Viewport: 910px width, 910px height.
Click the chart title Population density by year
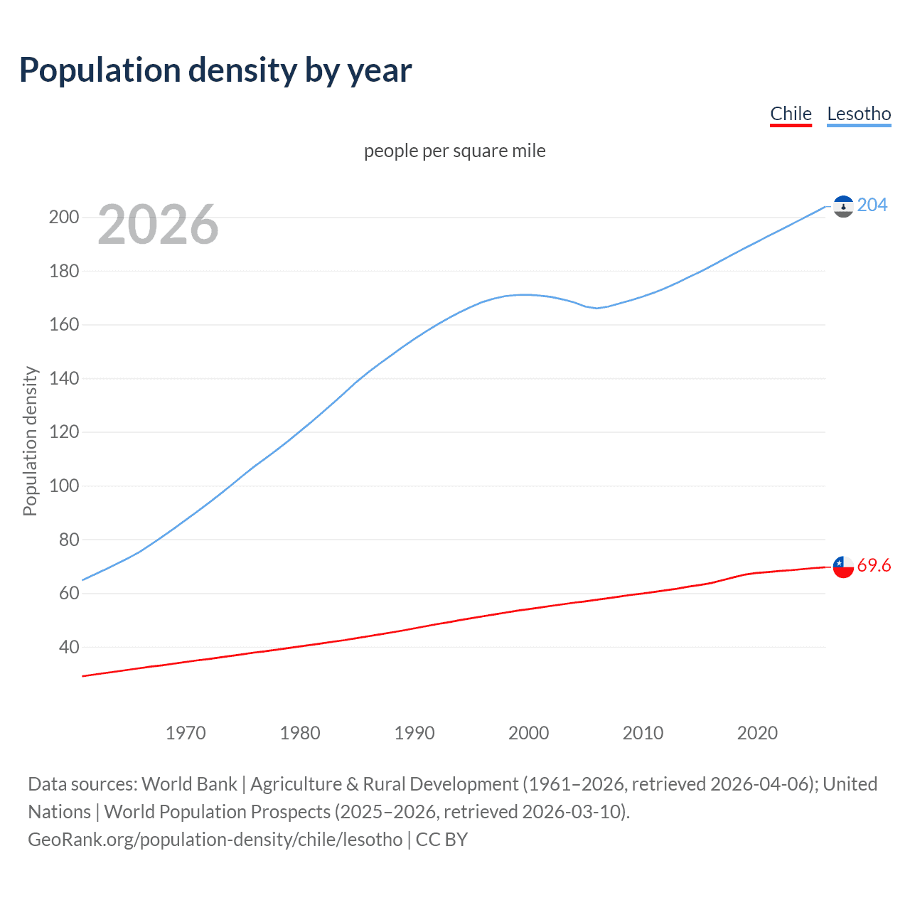[x=215, y=70]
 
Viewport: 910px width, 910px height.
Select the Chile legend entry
[x=791, y=114]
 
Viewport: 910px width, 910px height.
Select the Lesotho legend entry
[x=859, y=114]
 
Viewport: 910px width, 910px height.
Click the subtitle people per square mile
[x=454, y=151]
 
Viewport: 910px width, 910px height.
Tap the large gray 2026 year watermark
[x=158, y=225]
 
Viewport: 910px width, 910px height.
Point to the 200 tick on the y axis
[x=64, y=218]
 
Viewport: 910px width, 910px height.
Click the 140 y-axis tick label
[x=64, y=378]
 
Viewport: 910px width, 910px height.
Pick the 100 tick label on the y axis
[x=64, y=486]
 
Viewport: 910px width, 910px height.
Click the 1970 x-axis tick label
[x=186, y=733]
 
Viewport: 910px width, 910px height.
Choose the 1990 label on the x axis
[x=414, y=733]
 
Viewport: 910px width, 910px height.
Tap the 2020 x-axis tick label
[x=757, y=733]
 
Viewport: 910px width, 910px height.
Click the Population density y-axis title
[x=30, y=441]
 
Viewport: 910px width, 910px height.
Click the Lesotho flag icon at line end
[x=843, y=206]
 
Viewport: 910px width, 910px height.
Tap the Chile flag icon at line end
[x=843, y=567]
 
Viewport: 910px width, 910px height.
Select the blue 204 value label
[x=872, y=205]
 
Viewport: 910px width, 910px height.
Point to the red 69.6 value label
[x=874, y=566]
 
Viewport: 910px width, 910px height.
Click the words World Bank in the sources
[x=189, y=784]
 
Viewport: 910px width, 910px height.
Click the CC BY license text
[x=441, y=840]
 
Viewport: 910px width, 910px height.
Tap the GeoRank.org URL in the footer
[x=215, y=840]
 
